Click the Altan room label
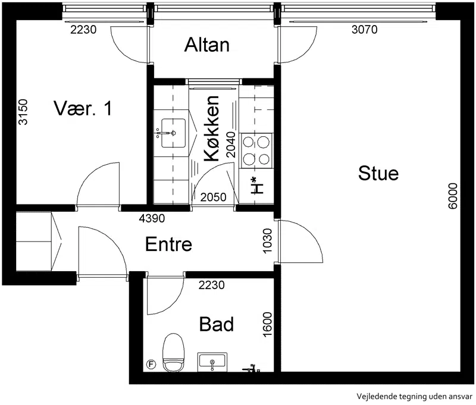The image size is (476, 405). coord(206,45)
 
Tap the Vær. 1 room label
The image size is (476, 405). coord(83,108)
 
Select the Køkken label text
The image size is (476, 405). coord(211,128)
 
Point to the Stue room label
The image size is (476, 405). coord(378,173)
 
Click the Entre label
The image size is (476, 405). coord(168,244)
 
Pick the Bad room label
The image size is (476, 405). coord(217,324)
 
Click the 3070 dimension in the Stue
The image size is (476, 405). coord(364,30)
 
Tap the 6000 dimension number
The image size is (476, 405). coord(452,196)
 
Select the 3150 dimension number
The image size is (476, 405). coord(23,112)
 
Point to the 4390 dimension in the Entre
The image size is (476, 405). coord(152,218)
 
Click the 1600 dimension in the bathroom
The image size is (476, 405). coord(267,324)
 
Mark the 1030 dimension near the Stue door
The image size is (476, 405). coord(267,241)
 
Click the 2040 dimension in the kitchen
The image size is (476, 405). coord(231,145)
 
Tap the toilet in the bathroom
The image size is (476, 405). coord(174,353)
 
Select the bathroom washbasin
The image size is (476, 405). coord(212,362)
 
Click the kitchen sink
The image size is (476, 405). coord(173,133)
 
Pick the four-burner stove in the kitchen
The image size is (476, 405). coord(256,150)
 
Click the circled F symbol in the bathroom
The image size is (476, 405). coord(151,364)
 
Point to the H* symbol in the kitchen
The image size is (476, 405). coord(257,186)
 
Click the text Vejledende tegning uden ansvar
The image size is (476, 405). coord(414,397)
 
